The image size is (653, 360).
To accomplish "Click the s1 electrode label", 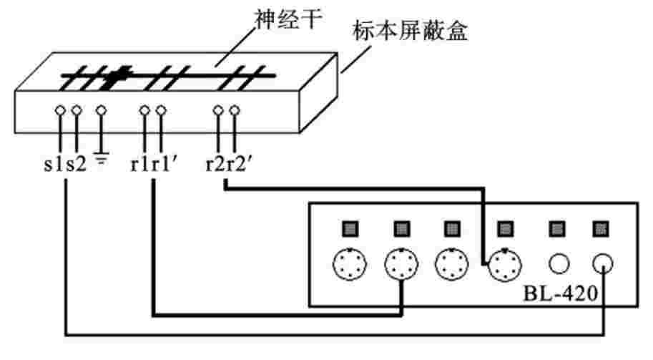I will [51, 164].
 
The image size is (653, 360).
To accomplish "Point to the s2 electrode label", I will [76, 164].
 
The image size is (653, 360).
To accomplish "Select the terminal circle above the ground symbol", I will [101, 111].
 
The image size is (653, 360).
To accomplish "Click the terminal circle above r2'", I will [233, 111].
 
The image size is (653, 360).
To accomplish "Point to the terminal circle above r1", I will [144, 111].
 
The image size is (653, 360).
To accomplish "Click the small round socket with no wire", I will [558, 263].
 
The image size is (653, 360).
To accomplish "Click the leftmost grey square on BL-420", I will [348, 228].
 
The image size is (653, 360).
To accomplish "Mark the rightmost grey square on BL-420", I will [599, 228].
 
